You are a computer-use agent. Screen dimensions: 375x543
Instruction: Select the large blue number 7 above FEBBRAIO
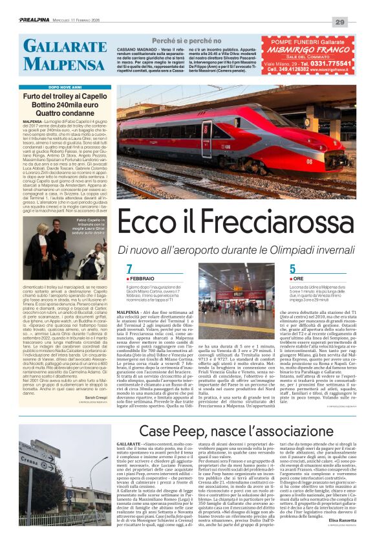coord(129,269)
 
